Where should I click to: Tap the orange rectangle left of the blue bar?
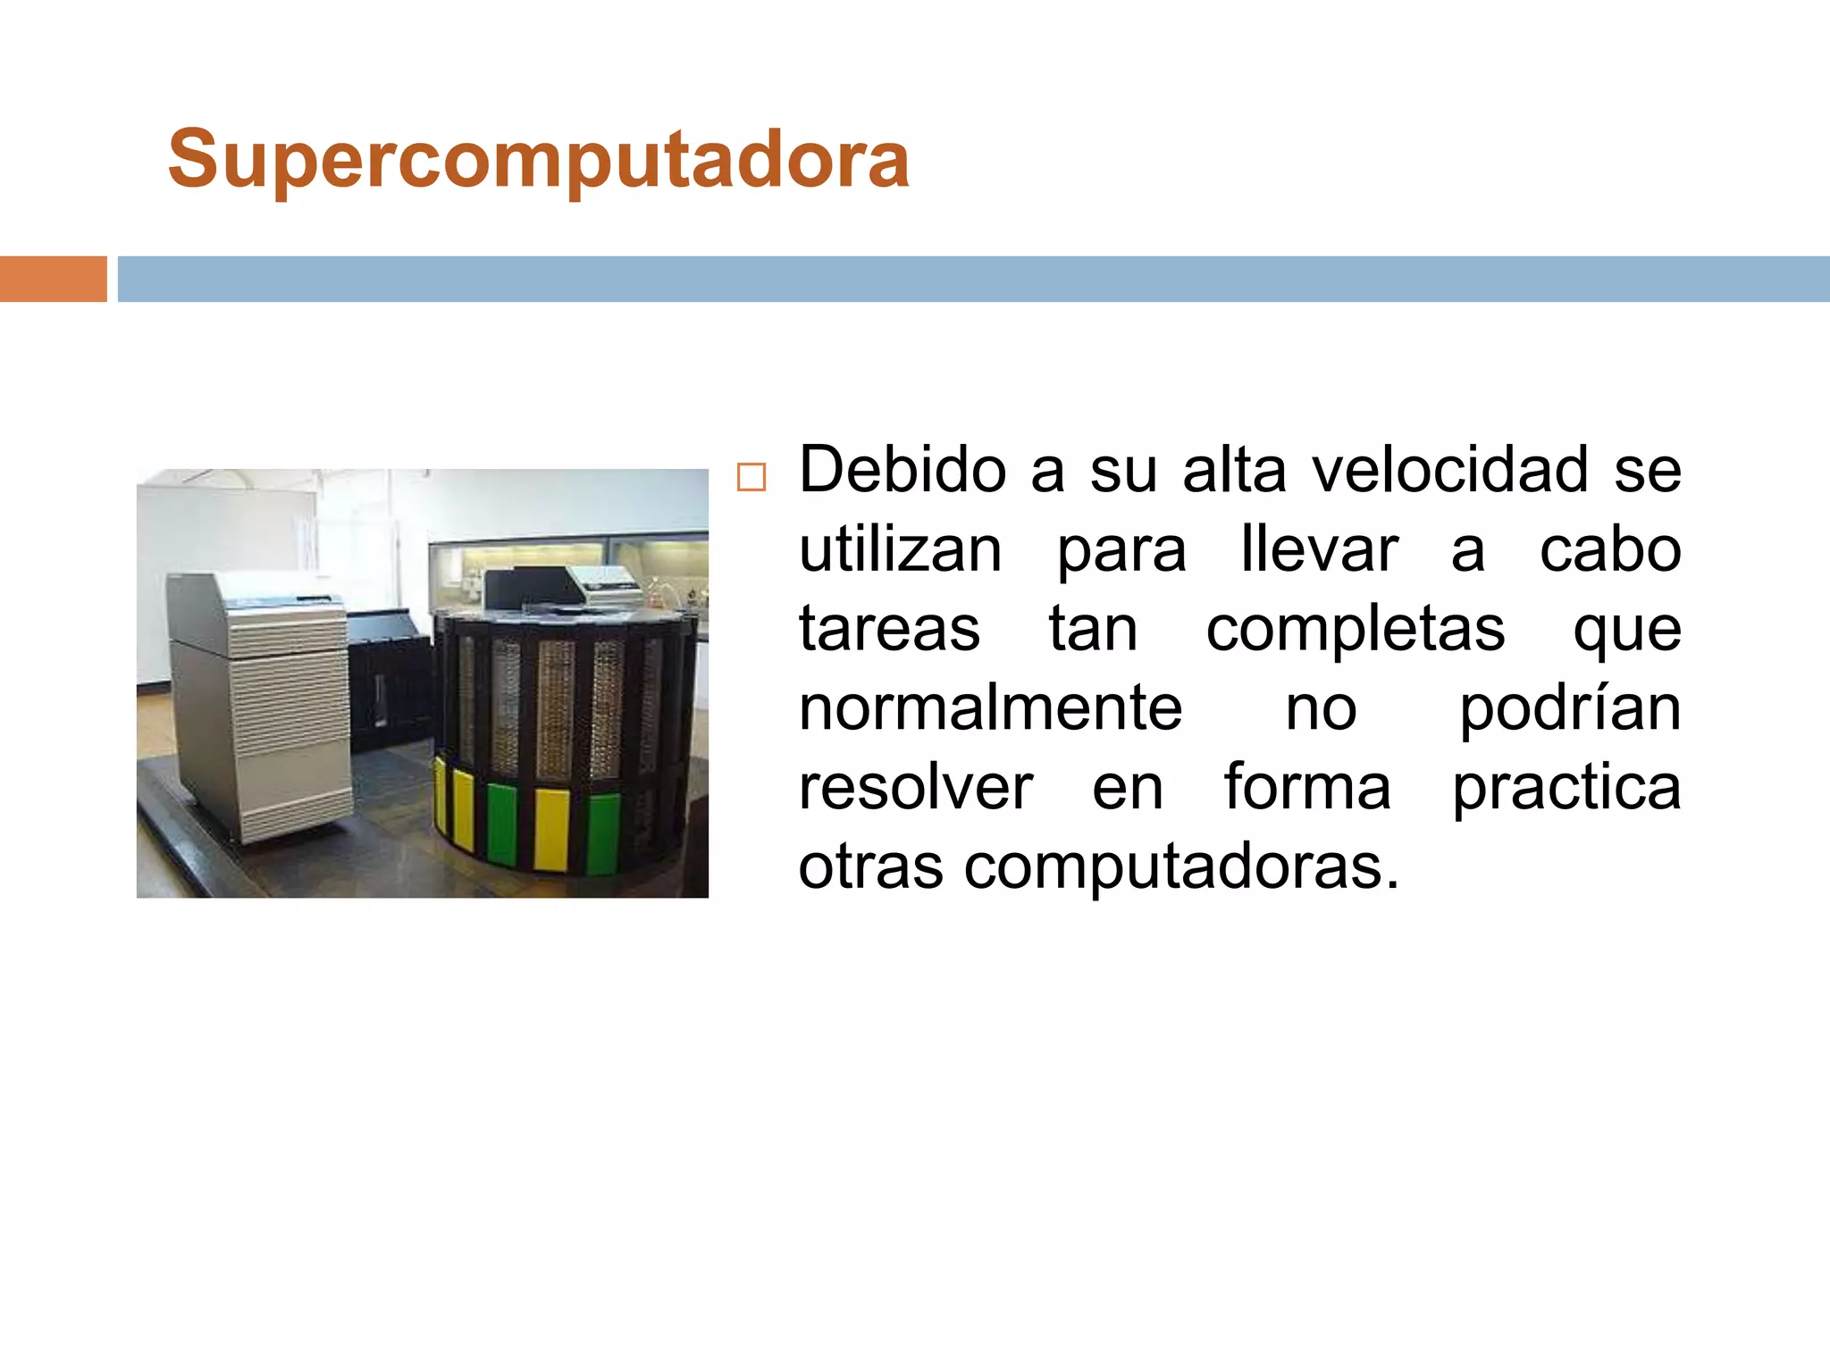pyautogui.click(x=53, y=279)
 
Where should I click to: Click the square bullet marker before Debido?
pyautogui.click(x=751, y=478)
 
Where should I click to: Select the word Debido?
pyautogui.click(x=902, y=470)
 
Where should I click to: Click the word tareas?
pyautogui.click(x=889, y=629)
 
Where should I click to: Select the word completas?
pyautogui.click(x=1355, y=631)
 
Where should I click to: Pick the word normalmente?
pyautogui.click(x=990, y=707)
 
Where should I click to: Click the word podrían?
pyautogui.click(x=1570, y=709)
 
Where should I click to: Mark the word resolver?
pyautogui.click(x=915, y=787)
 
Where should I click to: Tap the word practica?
pyautogui.click(x=1566, y=789)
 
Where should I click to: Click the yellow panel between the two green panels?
pyautogui.click(x=551, y=828)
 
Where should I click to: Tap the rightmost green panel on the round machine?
pyautogui.click(x=603, y=832)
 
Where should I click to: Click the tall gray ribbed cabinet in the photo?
pyautogui.click(x=259, y=706)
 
